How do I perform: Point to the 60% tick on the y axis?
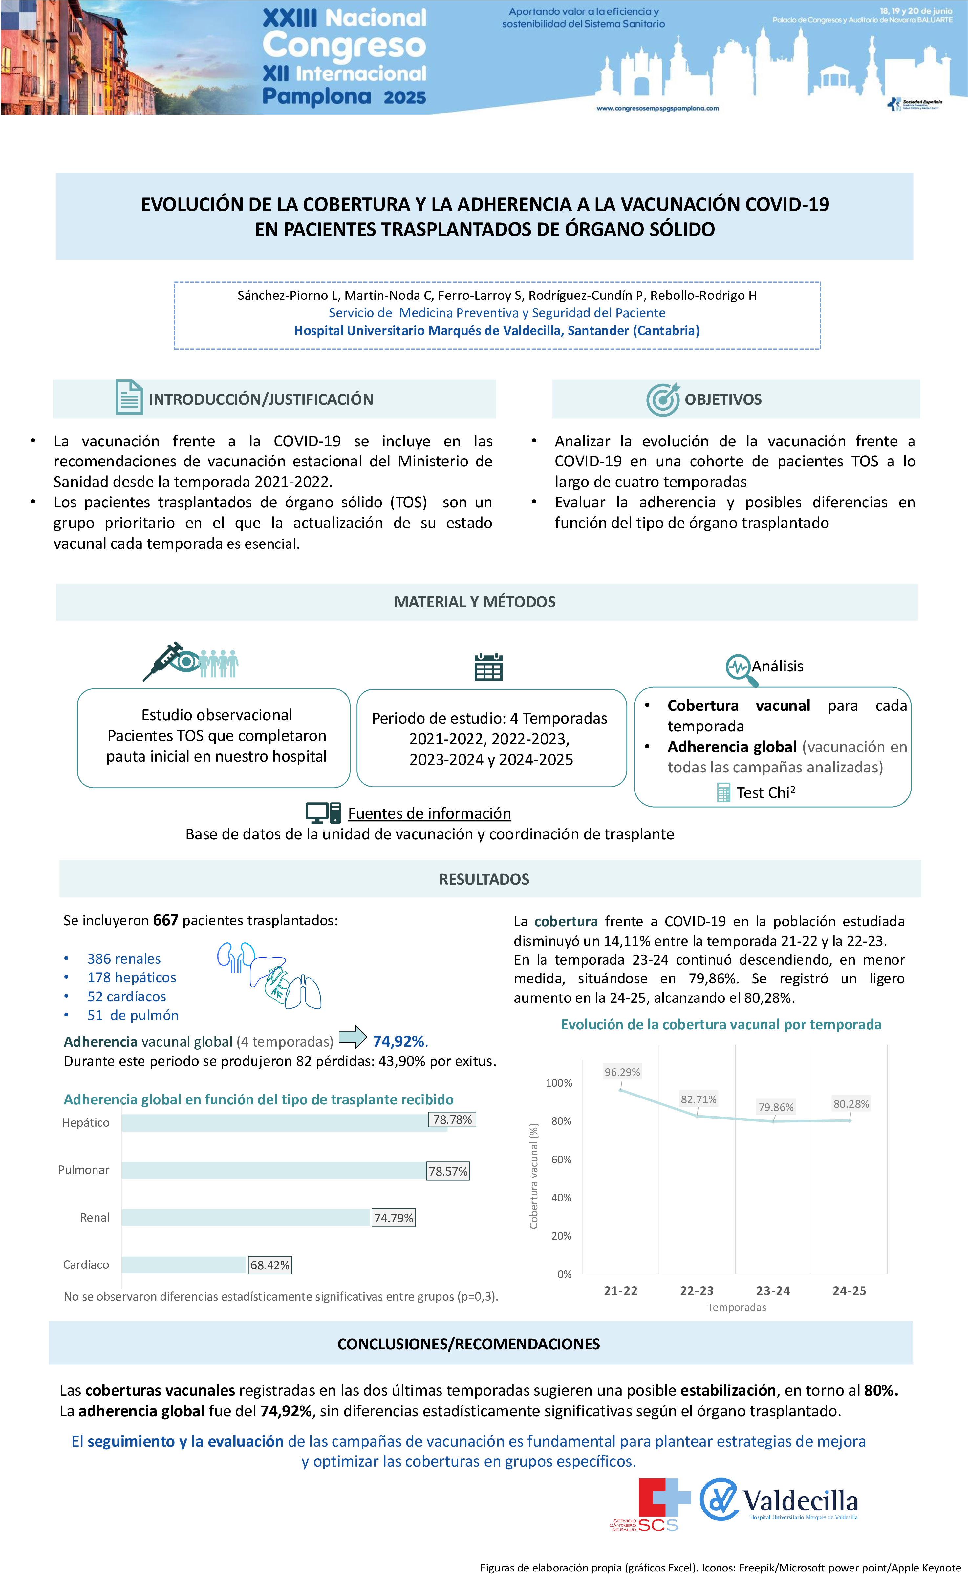coord(561,1160)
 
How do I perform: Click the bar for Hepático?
coord(282,1123)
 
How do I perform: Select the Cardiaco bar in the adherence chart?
coord(185,1265)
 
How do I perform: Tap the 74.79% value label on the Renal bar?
coord(394,1218)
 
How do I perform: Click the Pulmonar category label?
coord(83,1170)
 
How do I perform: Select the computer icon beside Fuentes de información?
coord(323,812)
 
